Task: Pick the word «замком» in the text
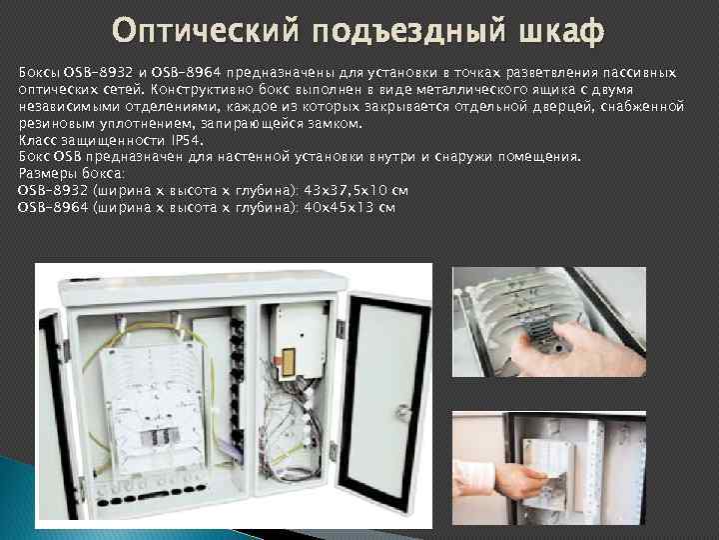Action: tap(336, 123)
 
